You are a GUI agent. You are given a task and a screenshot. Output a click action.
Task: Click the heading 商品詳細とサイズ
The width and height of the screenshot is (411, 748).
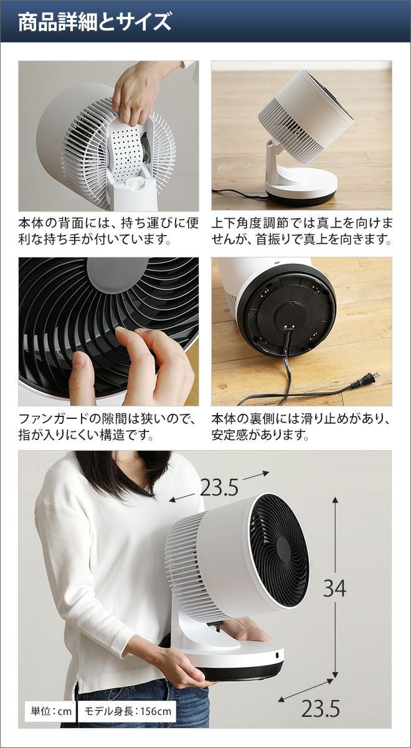(95, 22)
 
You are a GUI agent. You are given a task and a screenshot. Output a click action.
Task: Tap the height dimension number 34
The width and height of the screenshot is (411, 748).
(334, 588)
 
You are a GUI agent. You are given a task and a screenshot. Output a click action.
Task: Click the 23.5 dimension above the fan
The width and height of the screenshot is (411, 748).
(219, 488)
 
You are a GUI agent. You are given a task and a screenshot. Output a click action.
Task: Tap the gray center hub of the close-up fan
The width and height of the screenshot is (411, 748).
(118, 275)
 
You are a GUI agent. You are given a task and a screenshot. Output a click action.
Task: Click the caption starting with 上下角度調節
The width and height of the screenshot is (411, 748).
(301, 231)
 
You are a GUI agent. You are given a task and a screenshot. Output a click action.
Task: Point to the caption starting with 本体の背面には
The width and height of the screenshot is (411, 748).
(108, 231)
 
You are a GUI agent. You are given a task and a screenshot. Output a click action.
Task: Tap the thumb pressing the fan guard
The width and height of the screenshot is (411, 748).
(80, 377)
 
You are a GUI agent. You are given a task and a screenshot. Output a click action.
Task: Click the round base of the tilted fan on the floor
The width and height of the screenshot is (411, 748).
(300, 189)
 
